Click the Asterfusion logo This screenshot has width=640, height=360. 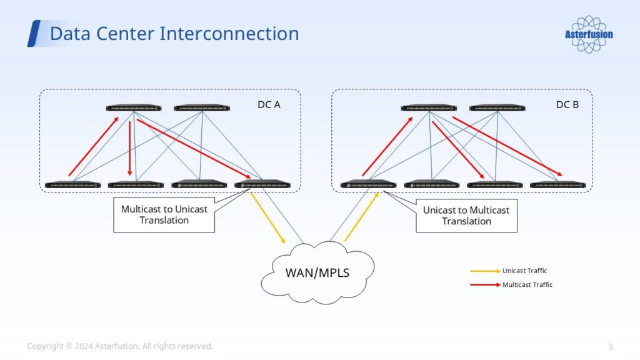[x=589, y=34]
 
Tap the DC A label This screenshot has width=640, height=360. [x=269, y=104]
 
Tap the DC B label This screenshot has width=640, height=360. [x=567, y=104]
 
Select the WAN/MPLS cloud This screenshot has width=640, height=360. [x=317, y=272]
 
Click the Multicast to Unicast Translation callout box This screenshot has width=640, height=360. [x=164, y=214]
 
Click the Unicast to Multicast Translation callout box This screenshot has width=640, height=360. [x=466, y=215]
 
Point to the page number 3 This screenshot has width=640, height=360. [x=611, y=346]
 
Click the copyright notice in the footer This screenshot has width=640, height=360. [x=119, y=346]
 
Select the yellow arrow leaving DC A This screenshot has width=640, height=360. [x=268, y=217]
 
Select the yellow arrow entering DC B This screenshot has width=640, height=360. [x=362, y=217]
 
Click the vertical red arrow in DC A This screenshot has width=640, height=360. [x=130, y=148]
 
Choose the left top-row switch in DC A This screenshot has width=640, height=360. [x=134, y=108]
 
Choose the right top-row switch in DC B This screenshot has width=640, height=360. [x=497, y=108]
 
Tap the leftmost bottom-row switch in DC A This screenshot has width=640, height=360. [x=73, y=185]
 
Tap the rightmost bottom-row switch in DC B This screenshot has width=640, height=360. [x=557, y=185]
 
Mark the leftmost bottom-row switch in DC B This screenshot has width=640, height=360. [x=368, y=184]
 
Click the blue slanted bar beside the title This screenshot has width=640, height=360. [x=34, y=33]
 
